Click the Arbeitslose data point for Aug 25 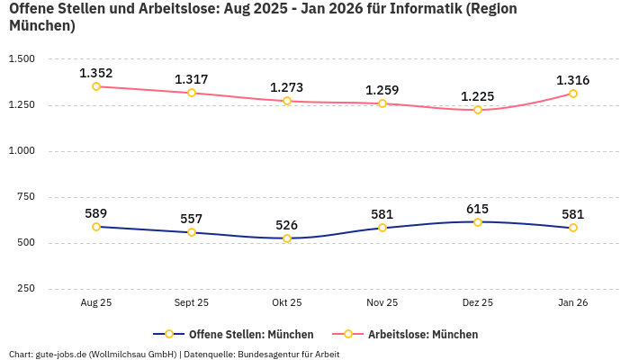(x=96, y=86)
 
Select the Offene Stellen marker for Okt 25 (x=287, y=238)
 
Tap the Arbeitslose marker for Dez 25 (x=478, y=110)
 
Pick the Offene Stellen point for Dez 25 (x=478, y=221)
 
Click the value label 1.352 (x=96, y=73)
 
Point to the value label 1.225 (x=478, y=96)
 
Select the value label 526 (x=287, y=225)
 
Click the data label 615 (x=478, y=209)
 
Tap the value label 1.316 (x=572, y=80)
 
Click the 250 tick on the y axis (x=25, y=289)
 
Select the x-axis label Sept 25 (x=192, y=303)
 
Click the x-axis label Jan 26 (x=572, y=303)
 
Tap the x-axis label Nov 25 (x=382, y=303)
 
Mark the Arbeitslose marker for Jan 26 (x=572, y=94)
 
